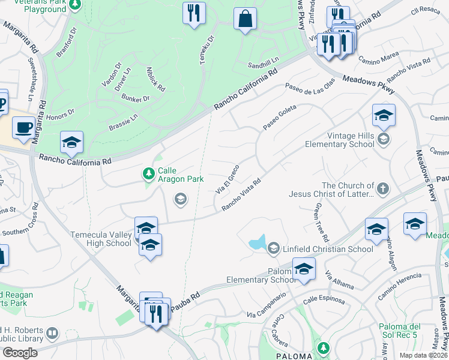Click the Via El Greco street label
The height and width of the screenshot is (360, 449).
228,178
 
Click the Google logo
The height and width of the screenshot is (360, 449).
20,353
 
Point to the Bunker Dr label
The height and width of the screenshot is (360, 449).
135,98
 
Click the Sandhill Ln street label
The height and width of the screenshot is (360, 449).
264,65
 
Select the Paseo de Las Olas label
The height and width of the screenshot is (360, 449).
309,88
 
